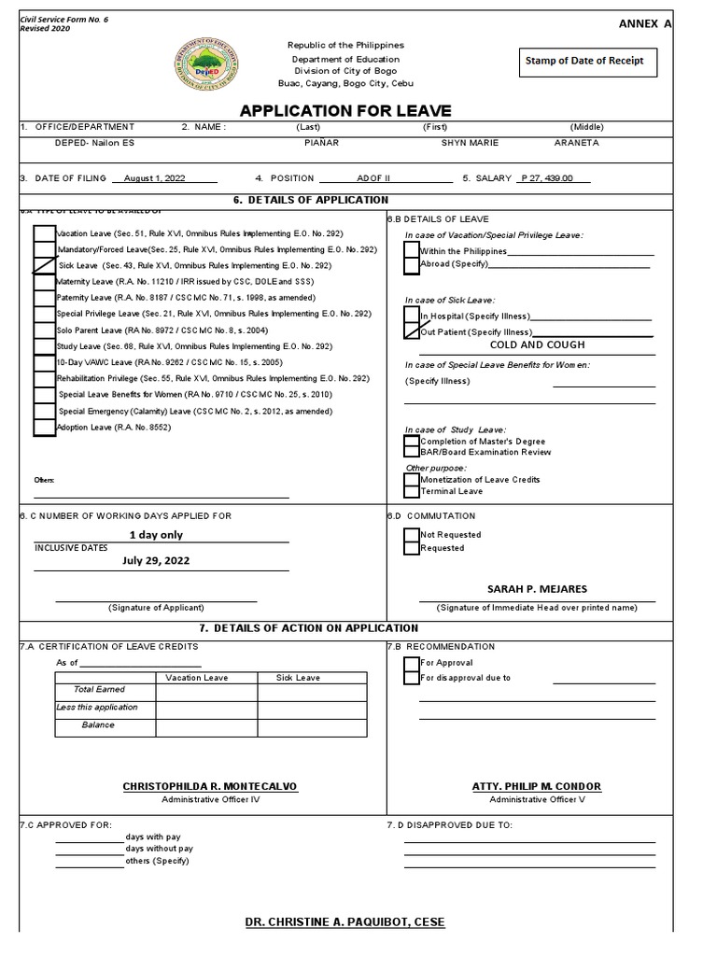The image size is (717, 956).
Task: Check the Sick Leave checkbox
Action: tap(44, 265)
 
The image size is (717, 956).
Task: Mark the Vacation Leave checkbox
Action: tap(44, 233)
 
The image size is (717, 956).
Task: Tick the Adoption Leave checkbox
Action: tap(44, 427)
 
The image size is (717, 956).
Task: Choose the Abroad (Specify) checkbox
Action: tap(412, 265)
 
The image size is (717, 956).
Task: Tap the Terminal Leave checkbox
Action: tap(412, 491)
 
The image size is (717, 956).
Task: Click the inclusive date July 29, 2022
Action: tap(156, 560)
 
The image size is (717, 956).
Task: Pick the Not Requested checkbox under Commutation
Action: tap(412, 535)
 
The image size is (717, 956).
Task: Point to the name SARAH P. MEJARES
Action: tap(537, 589)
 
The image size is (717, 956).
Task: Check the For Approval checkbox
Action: tap(412, 664)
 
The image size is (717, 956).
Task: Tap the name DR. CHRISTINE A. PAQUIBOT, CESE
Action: tap(344, 922)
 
